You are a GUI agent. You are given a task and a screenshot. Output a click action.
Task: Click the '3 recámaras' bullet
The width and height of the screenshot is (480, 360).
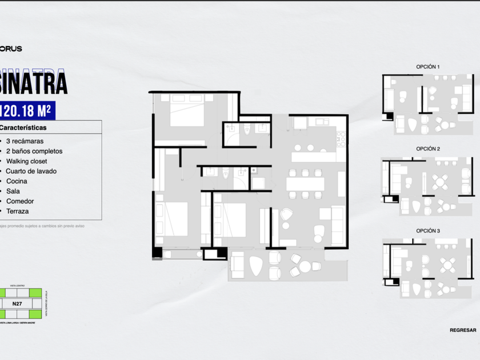(25, 141)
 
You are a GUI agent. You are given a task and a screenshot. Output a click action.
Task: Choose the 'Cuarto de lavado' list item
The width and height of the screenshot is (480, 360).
(31, 171)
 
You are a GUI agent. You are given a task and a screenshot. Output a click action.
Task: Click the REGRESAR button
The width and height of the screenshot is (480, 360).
(462, 330)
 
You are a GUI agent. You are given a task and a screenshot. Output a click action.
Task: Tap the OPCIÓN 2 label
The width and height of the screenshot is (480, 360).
(428, 149)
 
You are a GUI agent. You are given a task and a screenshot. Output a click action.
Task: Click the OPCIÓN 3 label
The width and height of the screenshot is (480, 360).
(428, 231)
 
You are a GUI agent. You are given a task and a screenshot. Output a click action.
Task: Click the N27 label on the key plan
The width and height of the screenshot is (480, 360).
(17, 303)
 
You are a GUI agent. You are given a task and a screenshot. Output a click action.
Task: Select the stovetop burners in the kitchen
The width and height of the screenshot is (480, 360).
(341, 138)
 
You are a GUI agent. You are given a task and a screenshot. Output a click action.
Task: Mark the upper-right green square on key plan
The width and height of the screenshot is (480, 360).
(35, 293)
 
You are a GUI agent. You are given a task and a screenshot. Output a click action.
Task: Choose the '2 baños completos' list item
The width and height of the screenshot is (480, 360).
(34, 151)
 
